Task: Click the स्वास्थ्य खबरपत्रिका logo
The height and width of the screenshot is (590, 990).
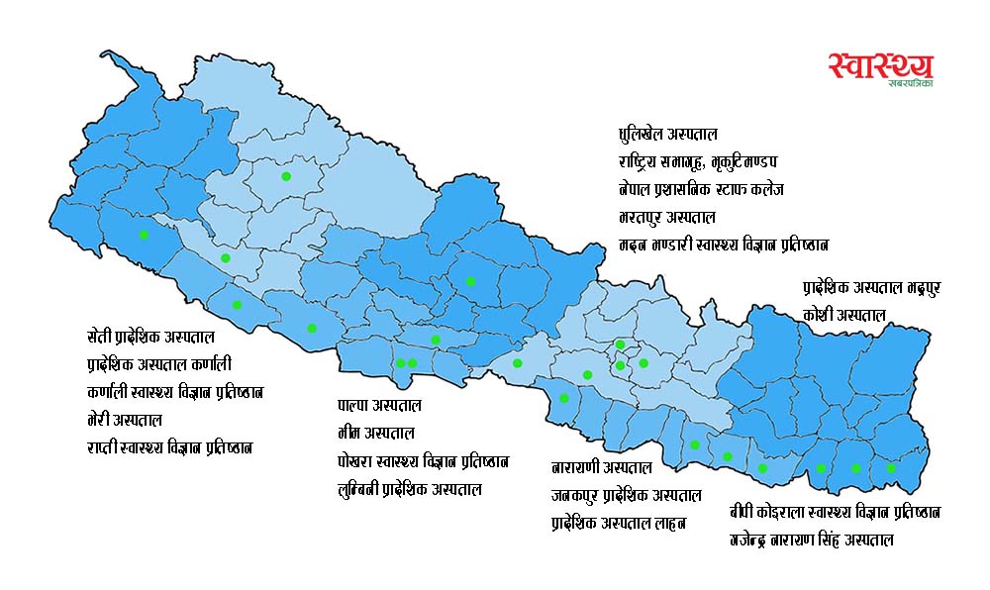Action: (x=880, y=68)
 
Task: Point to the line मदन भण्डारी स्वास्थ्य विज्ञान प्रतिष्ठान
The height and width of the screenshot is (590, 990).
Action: (x=722, y=244)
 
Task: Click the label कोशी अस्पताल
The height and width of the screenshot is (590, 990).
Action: (x=843, y=315)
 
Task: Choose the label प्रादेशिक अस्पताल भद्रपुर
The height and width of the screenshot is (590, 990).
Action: (x=871, y=287)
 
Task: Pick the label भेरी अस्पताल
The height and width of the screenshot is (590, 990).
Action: (x=125, y=420)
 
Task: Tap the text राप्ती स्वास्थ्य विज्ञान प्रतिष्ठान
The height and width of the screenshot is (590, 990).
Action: (x=170, y=447)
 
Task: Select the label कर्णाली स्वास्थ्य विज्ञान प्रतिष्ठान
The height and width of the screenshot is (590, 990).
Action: (x=175, y=392)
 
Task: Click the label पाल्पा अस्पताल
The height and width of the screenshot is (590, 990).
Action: (x=379, y=406)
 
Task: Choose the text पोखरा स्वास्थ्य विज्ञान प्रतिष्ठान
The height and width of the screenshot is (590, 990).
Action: (x=423, y=461)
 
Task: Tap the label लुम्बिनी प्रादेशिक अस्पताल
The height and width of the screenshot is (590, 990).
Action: (x=410, y=489)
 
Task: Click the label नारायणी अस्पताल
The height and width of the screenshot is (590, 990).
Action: (x=602, y=466)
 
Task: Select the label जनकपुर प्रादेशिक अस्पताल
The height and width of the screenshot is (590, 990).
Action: (x=627, y=494)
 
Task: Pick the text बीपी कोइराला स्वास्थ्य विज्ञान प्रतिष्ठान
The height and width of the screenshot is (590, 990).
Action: (x=835, y=512)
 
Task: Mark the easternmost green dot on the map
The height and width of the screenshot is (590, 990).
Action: (x=891, y=468)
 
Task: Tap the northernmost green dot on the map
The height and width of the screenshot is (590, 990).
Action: (x=286, y=176)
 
